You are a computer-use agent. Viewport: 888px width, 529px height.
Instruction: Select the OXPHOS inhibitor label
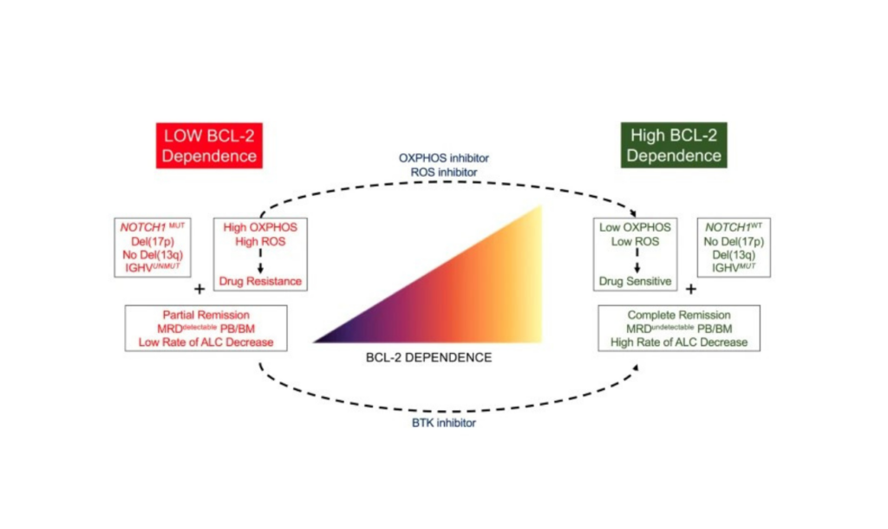[437, 158]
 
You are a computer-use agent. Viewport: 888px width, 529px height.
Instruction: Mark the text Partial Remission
[206, 315]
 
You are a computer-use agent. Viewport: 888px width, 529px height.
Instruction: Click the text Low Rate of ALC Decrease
[206, 343]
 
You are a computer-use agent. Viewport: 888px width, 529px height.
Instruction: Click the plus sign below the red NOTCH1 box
[199, 289]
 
